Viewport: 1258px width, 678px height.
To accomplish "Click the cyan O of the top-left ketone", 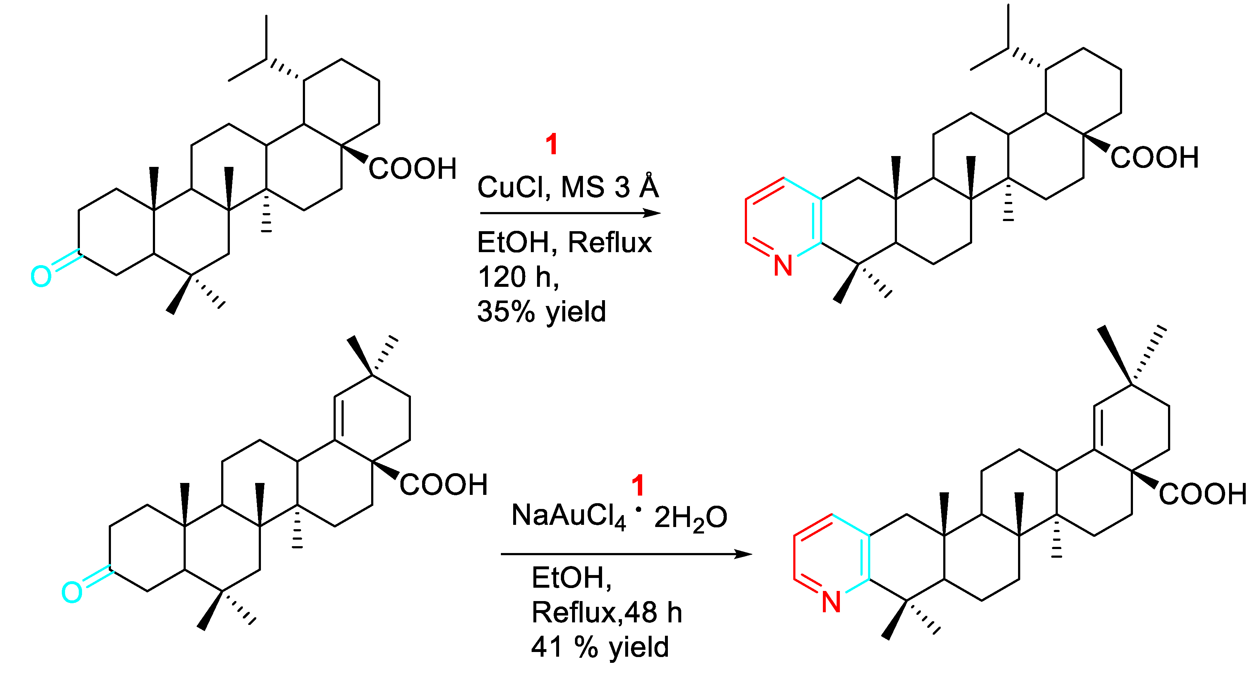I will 41,276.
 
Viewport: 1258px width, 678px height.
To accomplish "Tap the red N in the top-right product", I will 783,266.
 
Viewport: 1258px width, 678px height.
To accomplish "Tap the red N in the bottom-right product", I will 831,602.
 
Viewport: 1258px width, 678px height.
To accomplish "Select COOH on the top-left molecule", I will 413,169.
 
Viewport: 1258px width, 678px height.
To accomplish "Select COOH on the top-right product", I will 1155,157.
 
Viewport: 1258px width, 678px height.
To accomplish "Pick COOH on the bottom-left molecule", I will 443,485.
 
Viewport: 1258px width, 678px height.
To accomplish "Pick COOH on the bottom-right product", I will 1203,494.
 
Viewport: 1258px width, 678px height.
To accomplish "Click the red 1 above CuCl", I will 551,144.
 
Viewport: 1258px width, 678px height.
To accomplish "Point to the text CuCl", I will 513,187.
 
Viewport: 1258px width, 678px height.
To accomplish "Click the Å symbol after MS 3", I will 649,186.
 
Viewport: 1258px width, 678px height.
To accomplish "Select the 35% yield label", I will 541,311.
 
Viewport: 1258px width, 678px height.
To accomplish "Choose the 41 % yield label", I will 600,647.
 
